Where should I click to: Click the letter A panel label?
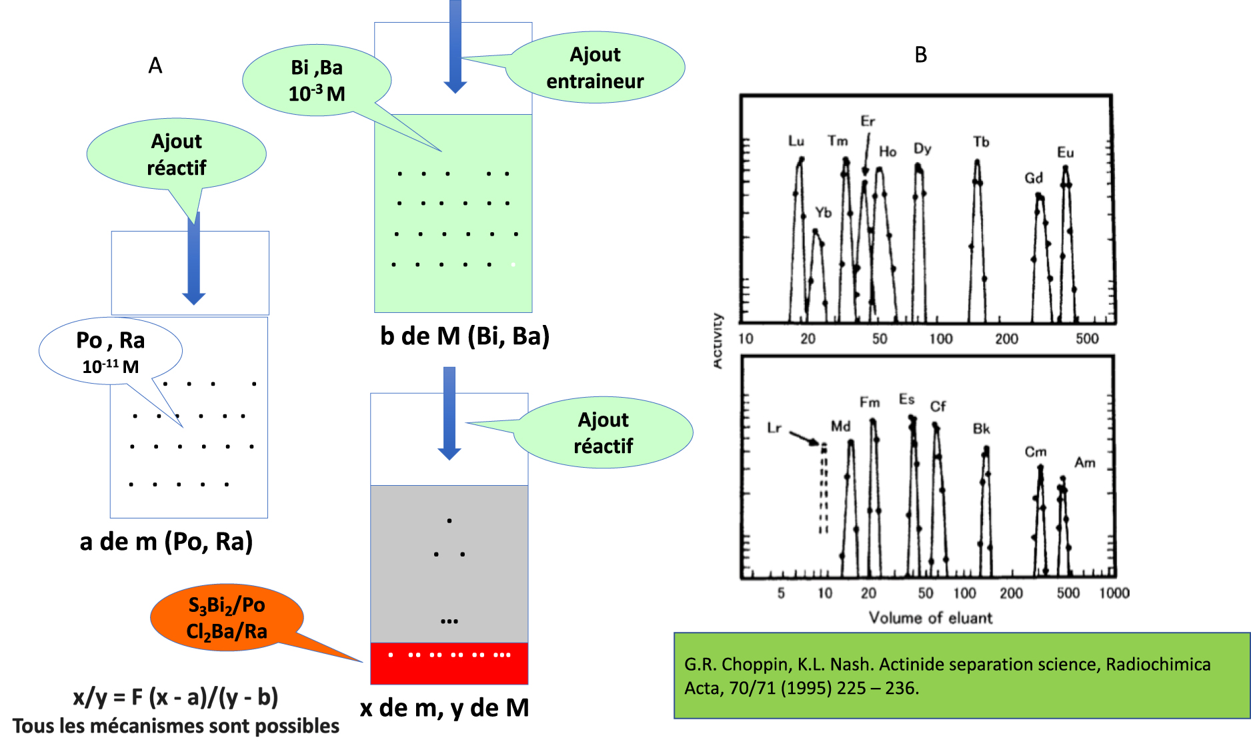click(x=155, y=65)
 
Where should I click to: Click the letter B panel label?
click(x=920, y=55)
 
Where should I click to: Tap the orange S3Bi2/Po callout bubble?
click(x=227, y=618)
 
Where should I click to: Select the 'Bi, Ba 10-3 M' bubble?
click(x=317, y=81)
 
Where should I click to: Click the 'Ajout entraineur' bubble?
click(x=595, y=68)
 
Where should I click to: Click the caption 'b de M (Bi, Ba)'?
click(x=464, y=336)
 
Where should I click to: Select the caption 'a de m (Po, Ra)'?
click(x=166, y=541)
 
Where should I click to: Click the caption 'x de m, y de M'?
click(x=444, y=707)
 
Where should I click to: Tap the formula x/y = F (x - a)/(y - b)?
click(x=175, y=697)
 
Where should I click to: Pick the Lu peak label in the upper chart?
click(x=796, y=141)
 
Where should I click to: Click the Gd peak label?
click(x=1034, y=178)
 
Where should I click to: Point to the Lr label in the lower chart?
click(x=774, y=428)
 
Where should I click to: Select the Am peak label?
click(x=1085, y=462)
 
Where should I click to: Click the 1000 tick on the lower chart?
click(x=1114, y=593)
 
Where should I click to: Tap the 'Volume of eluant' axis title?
click(x=930, y=618)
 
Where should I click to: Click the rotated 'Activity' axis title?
click(x=718, y=340)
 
